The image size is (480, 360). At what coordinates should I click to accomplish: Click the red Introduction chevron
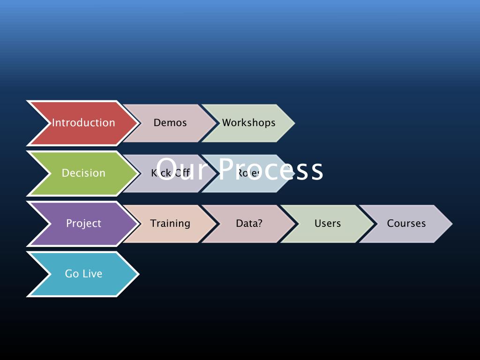83,123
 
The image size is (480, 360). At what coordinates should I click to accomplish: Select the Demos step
170,123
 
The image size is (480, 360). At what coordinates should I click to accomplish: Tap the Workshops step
249,123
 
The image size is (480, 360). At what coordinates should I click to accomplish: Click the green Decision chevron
83,173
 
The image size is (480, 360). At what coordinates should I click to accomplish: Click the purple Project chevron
83,224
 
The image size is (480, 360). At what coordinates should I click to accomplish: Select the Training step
170,224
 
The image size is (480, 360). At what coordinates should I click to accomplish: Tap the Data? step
249,224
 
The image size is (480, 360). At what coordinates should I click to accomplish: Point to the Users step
328,224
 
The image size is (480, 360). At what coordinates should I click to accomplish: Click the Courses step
406,224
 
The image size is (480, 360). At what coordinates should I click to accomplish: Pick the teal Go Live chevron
83,274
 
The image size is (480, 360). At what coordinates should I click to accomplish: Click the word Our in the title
180,169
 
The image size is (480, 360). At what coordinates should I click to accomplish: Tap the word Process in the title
271,169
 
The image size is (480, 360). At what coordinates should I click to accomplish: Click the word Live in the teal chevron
92,274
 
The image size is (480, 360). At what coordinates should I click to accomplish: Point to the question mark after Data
260,224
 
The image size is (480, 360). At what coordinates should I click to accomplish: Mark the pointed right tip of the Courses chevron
451,224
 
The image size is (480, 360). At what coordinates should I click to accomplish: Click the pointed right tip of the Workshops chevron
293,123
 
